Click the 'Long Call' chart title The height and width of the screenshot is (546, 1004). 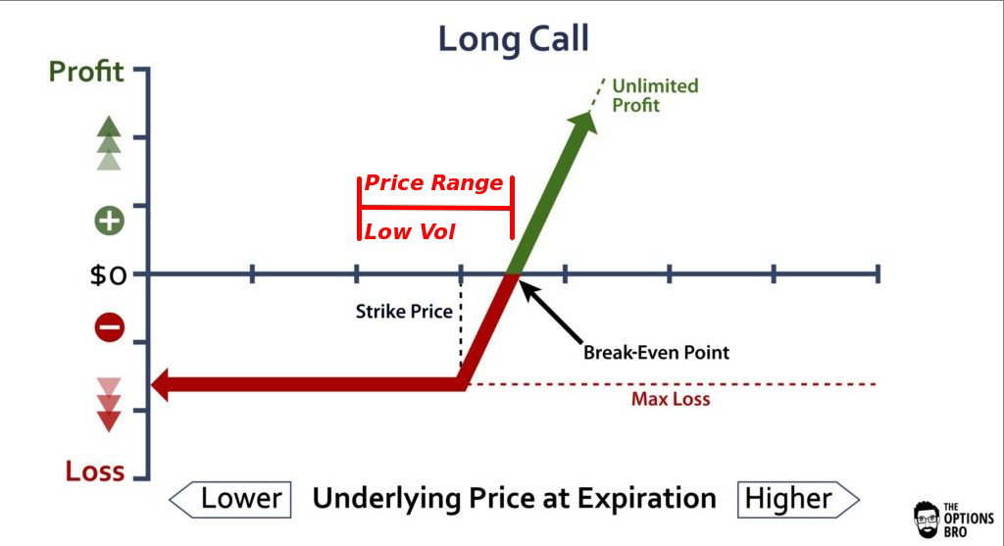point(513,38)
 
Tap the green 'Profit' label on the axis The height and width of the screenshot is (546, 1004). point(86,71)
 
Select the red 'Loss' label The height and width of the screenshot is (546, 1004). point(95,472)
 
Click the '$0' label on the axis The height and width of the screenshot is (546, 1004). point(108,275)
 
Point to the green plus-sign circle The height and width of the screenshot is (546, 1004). point(110,221)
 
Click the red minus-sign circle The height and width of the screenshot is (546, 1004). point(110,327)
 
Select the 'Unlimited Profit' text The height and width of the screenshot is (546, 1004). point(654,95)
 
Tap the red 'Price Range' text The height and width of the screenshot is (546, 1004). point(433,183)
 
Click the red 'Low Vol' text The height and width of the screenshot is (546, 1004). point(409,231)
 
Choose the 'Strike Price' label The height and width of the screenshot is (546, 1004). point(404,312)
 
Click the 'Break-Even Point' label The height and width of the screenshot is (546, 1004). point(656,353)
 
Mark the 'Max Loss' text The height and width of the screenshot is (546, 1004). point(671,399)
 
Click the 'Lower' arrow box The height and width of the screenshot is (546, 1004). point(229,499)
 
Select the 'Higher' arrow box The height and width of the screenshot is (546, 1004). point(798,499)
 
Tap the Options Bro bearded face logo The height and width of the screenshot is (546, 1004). point(926,520)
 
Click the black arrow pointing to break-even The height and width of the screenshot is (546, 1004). point(551,312)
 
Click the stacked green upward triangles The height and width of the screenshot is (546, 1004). point(109,143)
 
